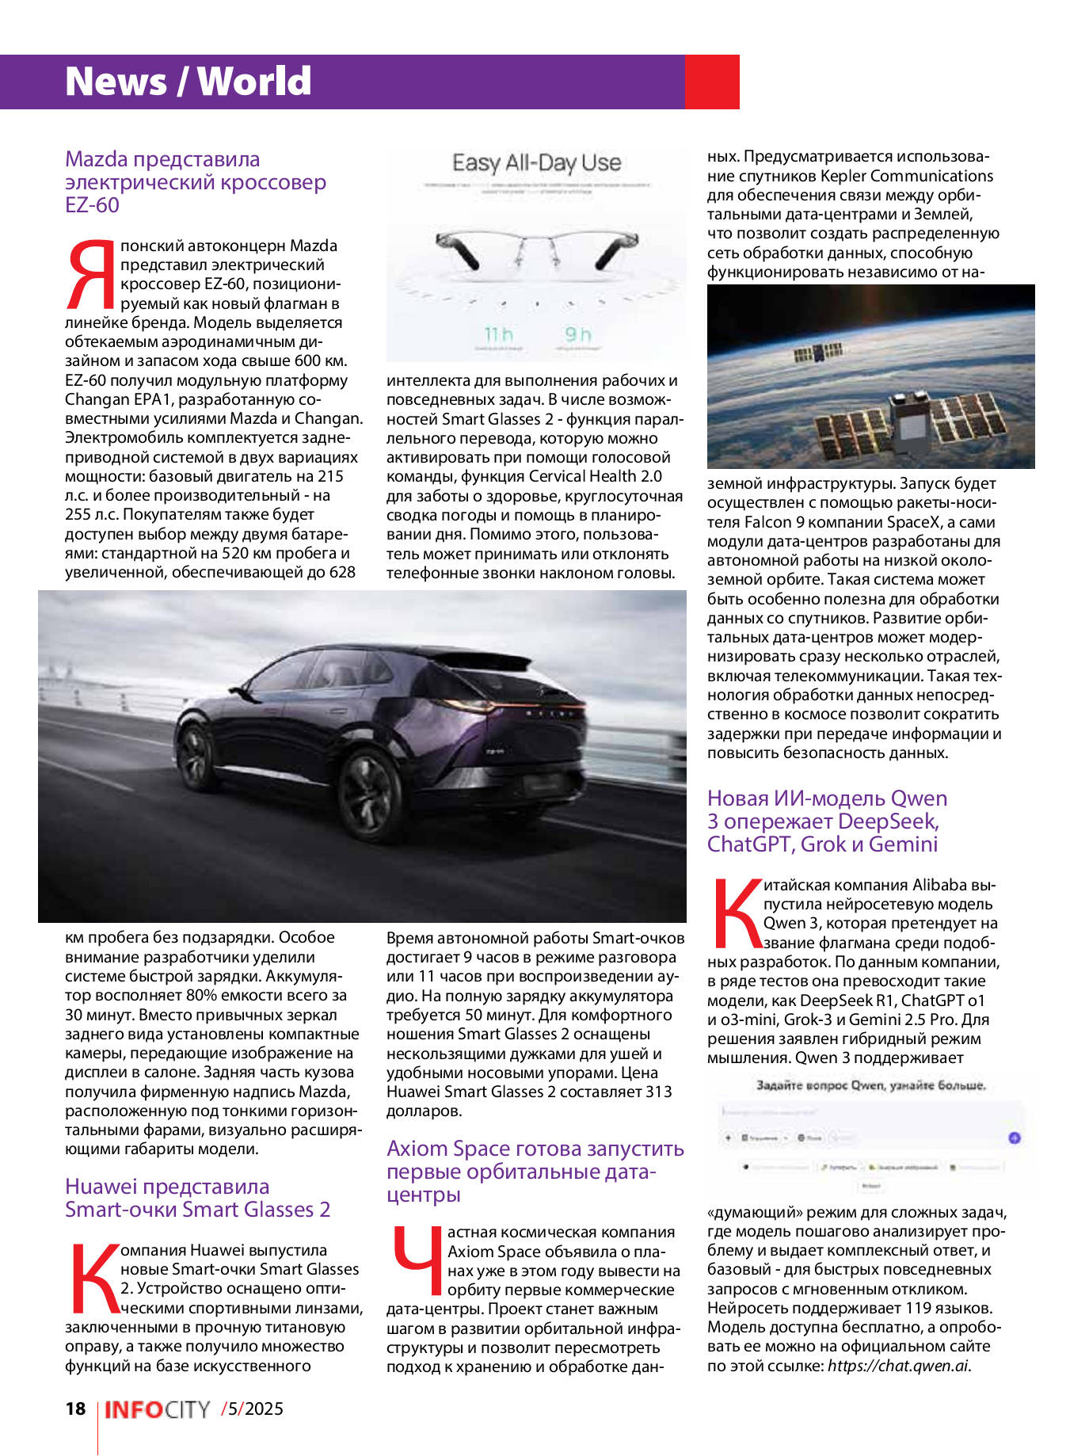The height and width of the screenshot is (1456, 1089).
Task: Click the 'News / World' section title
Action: coord(188,82)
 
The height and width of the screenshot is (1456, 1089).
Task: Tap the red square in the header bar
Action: coord(711,82)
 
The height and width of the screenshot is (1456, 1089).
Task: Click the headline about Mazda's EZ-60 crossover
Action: coord(195,182)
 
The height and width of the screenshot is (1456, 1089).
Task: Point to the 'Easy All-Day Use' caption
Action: coord(536,163)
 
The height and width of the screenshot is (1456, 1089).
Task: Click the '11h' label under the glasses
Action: coord(498,334)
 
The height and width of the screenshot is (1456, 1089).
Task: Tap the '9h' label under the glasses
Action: coord(578,334)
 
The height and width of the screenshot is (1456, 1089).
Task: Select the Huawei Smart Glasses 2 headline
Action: coord(197,1198)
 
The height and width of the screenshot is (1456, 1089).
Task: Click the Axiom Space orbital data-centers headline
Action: coord(535,1171)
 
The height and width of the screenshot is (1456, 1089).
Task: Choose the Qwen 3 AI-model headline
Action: coord(827,821)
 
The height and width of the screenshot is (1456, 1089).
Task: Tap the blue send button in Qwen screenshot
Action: coord(1014,1138)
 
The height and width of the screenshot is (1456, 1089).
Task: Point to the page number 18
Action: coord(75,1408)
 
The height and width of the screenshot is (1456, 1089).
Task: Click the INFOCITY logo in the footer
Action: coord(157,1409)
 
